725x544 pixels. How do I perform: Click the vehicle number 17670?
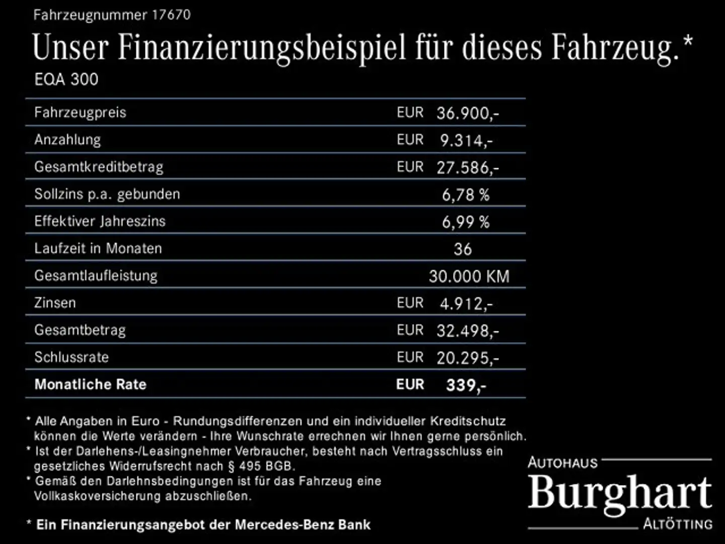point(171,15)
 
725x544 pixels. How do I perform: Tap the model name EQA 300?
point(66,80)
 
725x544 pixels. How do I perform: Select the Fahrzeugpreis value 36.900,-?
point(467,113)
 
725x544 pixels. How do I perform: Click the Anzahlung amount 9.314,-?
point(466,140)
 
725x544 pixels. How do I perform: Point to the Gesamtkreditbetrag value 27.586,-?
point(467,167)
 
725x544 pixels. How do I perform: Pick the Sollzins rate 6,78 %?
point(465,194)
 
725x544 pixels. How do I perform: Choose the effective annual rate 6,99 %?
point(465,222)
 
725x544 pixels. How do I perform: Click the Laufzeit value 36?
point(463,249)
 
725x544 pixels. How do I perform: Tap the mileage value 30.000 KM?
point(469,276)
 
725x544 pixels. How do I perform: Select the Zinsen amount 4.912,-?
point(466,303)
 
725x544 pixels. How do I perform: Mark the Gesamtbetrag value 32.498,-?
point(467,330)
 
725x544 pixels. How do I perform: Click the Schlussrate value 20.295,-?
point(467,358)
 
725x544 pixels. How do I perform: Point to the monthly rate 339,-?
point(466,385)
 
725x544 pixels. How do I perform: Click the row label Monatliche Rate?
point(90,384)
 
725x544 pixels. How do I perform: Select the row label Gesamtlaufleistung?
point(96,276)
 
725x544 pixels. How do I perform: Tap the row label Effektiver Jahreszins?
point(100,221)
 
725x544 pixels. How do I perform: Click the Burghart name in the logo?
point(620,493)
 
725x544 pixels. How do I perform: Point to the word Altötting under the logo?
point(678,524)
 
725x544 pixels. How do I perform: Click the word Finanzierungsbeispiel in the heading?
point(262,48)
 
